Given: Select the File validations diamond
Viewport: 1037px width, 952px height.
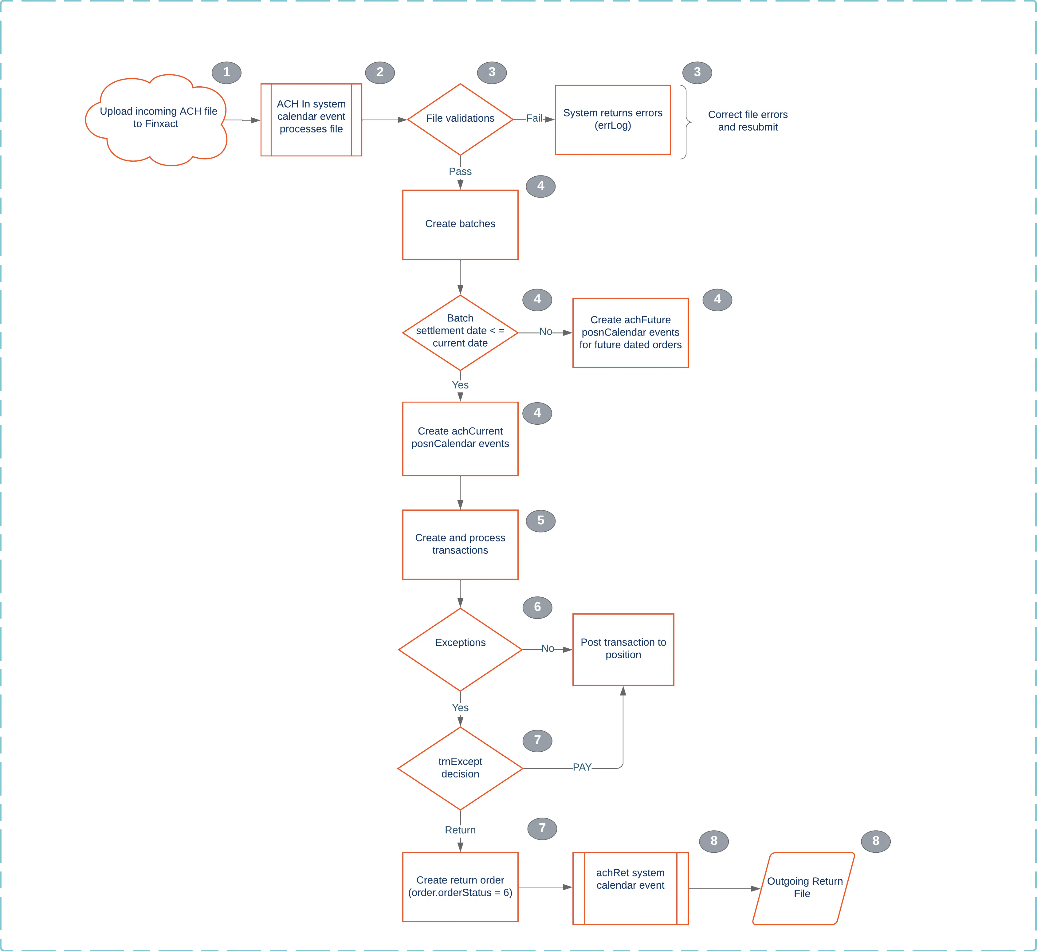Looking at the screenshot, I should click(460, 119).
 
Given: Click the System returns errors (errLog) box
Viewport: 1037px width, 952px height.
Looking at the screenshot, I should click(612, 120).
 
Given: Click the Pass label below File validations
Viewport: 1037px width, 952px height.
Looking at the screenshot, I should click(460, 171).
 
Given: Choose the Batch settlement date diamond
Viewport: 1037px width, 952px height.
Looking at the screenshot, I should click(460, 332).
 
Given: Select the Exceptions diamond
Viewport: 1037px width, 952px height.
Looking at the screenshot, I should click(460, 649).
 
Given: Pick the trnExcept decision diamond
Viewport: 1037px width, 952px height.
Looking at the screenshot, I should click(460, 768).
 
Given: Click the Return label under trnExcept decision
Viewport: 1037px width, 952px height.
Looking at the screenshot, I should click(460, 830).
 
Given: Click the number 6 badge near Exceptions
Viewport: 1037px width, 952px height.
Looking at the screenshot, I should click(537, 607).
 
